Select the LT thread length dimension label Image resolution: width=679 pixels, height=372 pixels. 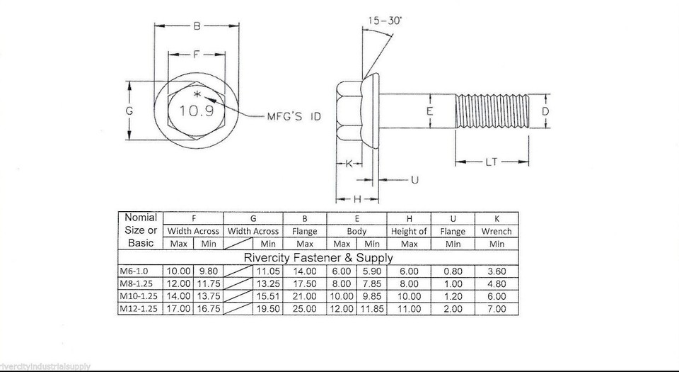(492, 162)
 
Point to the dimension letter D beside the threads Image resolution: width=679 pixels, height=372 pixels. (545, 111)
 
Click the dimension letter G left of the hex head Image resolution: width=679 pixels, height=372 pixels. (129, 111)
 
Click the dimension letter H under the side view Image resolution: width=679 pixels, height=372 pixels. (356, 199)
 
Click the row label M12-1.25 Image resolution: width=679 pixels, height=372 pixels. (140, 309)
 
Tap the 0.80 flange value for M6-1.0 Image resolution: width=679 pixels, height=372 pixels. (453, 271)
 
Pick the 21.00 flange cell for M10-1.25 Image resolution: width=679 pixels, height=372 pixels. (304, 296)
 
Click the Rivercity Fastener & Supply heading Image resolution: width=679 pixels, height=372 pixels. (318, 257)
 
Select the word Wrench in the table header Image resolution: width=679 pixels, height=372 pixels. (496, 231)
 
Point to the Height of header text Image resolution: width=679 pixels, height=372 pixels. (409, 231)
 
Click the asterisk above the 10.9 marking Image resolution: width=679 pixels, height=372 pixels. (197, 94)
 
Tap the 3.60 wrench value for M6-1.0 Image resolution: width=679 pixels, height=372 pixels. (496, 271)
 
